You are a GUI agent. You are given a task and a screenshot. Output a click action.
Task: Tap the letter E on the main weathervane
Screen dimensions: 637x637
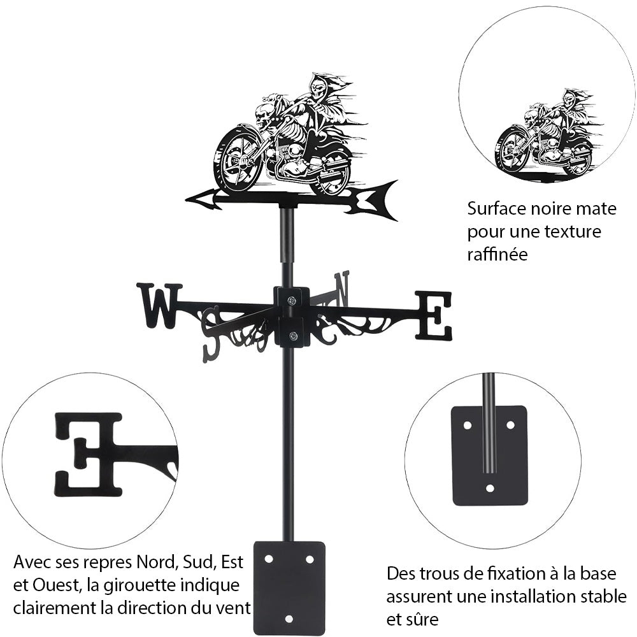click(434, 315)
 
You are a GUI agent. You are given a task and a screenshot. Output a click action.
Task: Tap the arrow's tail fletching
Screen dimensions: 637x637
click(376, 199)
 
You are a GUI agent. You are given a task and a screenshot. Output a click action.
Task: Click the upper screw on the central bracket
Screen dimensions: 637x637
click(292, 301)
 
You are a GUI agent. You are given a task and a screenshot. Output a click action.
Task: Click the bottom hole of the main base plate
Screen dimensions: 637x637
click(289, 619)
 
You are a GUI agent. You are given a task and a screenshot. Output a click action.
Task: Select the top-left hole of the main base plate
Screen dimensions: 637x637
click(269, 559)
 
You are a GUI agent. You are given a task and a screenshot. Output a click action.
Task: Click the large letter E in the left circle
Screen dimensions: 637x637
click(89, 454)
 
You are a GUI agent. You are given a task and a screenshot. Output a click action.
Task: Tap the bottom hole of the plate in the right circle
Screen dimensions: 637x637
click(489, 489)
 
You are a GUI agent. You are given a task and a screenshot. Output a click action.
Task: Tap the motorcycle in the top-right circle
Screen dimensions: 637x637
click(545, 137)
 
